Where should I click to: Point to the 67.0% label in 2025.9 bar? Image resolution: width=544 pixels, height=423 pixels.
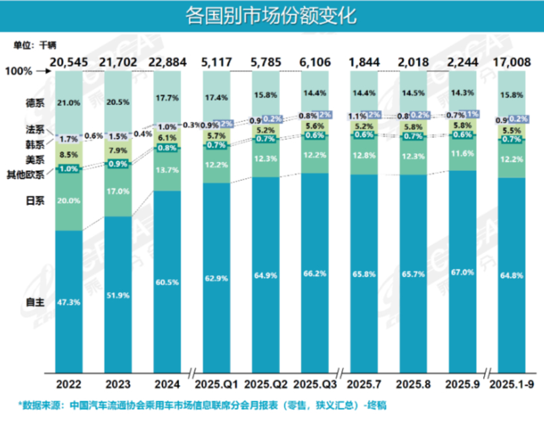(462, 272)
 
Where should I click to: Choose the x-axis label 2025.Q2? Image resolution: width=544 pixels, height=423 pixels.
(266, 385)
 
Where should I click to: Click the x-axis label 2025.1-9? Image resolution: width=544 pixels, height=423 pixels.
(511, 385)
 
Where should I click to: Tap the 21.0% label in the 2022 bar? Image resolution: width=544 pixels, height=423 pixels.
(68, 103)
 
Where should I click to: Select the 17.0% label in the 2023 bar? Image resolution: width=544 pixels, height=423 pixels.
(118, 192)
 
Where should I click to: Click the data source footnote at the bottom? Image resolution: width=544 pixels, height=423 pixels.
(206, 404)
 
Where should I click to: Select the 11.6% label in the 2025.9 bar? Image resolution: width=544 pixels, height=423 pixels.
(462, 152)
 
